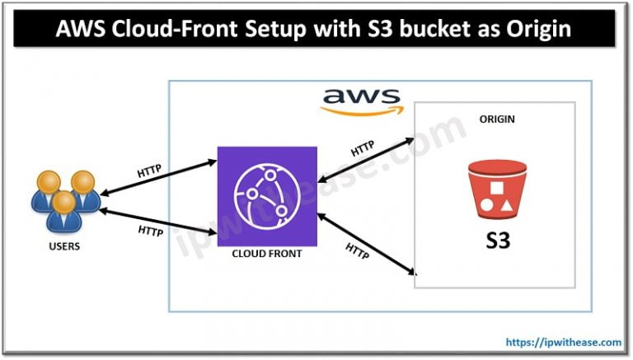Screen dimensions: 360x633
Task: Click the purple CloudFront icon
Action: [x=267, y=196]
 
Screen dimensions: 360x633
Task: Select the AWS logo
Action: [x=359, y=101]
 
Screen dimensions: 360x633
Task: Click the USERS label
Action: [x=63, y=245]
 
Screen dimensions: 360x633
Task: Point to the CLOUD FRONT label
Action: [x=267, y=254]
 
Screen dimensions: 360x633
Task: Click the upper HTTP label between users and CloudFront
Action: [x=150, y=172]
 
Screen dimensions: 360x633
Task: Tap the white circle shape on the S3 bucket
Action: [x=486, y=206]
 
